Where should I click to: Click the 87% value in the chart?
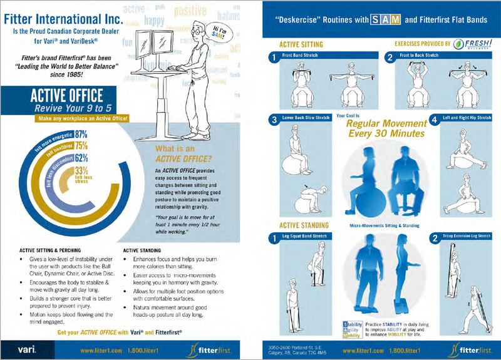80,134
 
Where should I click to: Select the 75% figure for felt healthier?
81,146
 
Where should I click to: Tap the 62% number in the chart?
81,158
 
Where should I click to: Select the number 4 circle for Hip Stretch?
433,120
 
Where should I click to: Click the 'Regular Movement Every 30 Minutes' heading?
386,128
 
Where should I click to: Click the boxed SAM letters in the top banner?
384,19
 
